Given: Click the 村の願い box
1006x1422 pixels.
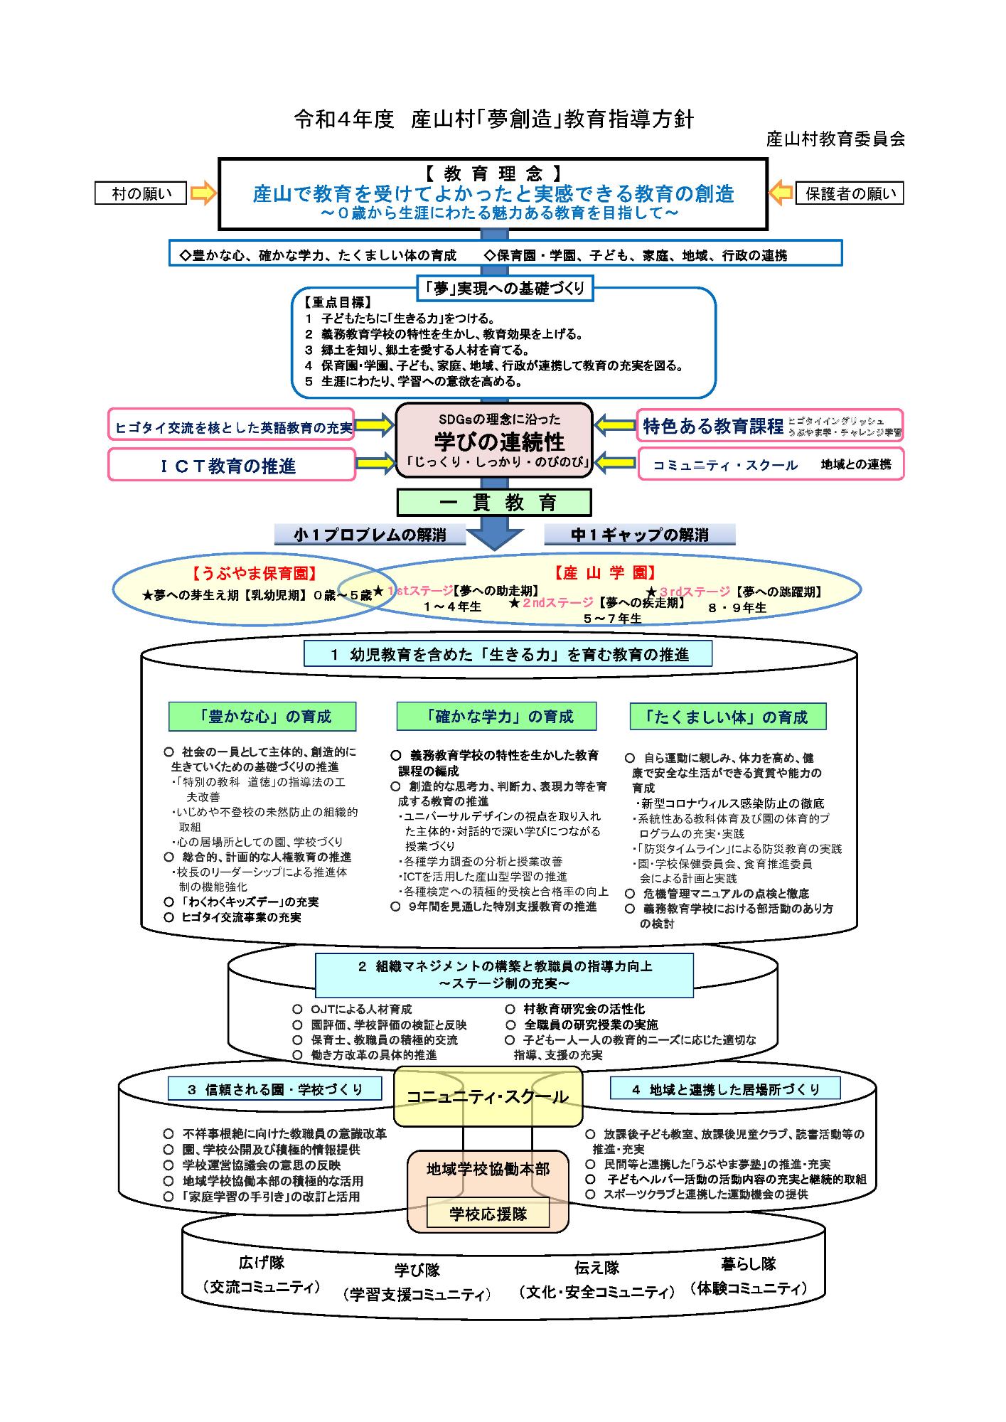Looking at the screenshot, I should pos(141,193).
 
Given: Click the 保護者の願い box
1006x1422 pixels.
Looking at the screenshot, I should pos(850,193).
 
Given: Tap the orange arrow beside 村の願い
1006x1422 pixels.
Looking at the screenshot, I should pos(203,193).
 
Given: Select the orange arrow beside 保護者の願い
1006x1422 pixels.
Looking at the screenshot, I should pos(781,193).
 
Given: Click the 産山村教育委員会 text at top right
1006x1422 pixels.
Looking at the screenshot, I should pos(835,139).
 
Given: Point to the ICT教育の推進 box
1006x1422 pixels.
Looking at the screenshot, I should pos(232,466).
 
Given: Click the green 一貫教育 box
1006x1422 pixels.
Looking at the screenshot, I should pos(494,503).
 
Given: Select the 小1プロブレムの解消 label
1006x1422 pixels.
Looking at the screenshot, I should pos(370,535).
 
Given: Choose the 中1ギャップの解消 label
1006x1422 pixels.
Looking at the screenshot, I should pos(640,535).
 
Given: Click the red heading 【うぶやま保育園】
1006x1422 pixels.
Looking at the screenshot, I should pos(255,573).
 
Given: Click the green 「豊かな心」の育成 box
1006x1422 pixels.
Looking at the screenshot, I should pos(262,717).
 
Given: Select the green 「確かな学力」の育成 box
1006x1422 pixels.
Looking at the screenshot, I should pos(496,717).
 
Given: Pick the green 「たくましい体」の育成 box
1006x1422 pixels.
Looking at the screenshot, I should pos(728,717).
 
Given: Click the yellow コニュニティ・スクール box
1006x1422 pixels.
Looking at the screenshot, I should pos(488,1097).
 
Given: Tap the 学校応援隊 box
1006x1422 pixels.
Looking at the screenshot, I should pos(488,1214).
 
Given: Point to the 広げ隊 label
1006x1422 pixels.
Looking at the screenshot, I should pos(261,1263).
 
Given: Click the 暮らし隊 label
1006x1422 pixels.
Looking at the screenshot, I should pos(748,1263).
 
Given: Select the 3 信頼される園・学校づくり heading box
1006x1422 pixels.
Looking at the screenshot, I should pos(274,1089).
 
